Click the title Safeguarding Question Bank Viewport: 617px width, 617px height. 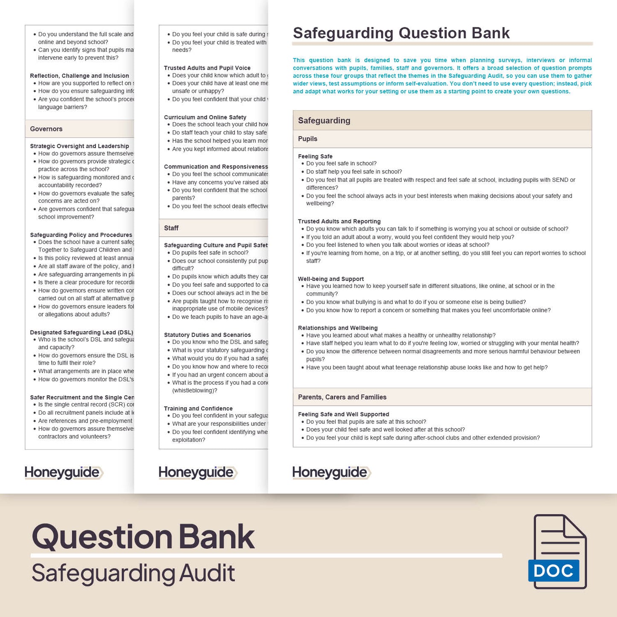coord(401,33)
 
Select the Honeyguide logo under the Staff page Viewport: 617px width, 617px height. coord(198,472)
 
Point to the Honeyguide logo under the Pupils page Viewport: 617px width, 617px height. coord(331,472)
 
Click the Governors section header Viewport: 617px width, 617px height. coord(46,129)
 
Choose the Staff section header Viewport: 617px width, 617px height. coord(171,228)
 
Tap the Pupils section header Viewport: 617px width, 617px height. coord(307,139)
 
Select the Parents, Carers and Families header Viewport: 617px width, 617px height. coord(342,397)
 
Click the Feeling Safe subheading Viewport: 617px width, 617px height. coord(315,156)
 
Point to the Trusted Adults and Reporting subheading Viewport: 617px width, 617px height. coord(339,221)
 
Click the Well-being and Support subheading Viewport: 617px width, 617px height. coord(331,279)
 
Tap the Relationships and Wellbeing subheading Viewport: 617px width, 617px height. coord(338,328)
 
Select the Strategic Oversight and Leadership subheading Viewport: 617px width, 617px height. coord(79,146)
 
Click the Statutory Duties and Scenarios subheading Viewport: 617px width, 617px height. coord(207,335)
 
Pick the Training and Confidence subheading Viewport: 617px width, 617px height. coord(198,409)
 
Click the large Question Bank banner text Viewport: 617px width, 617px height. coord(143,536)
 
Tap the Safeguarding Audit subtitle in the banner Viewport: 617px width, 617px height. coord(133,573)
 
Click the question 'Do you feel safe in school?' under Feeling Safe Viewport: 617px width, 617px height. coord(341,164)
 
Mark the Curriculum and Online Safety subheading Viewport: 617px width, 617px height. coord(205,117)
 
